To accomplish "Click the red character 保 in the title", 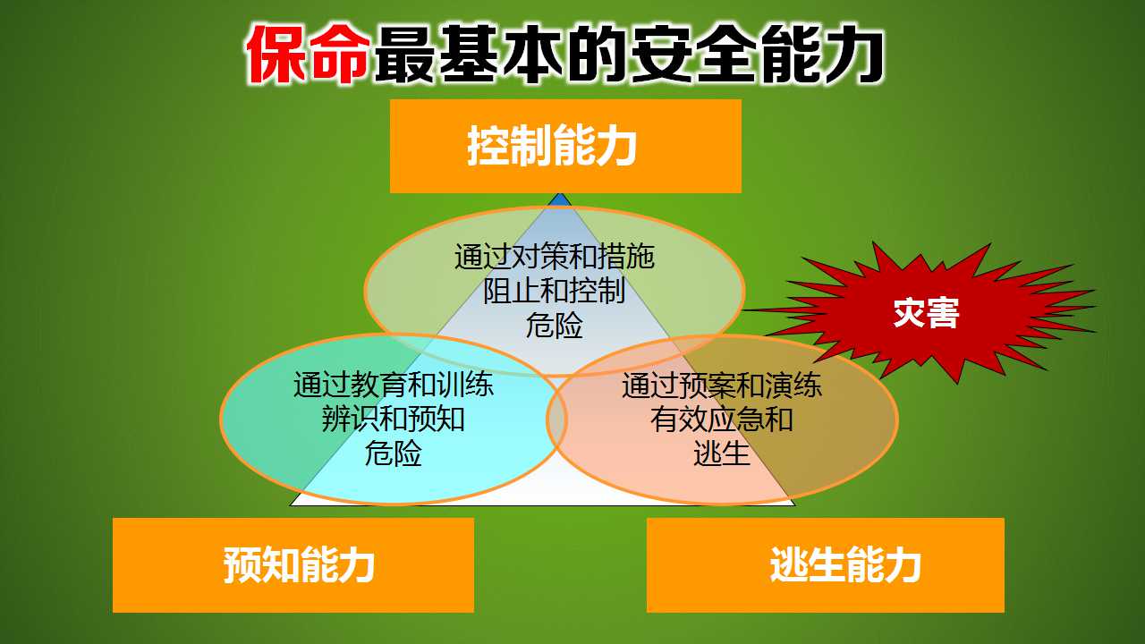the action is coord(277,54).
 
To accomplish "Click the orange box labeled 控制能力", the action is coord(565,146).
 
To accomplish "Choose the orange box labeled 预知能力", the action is coord(293,564).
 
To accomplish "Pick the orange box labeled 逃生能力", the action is coord(826,564).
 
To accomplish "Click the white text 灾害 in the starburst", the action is coord(926,313).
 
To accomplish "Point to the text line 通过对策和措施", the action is coord(555,257).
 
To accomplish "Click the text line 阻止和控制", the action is coord(555,292).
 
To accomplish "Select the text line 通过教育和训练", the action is coord(393,385).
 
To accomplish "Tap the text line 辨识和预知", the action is coord(393,419).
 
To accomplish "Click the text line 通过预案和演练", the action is coord(722,386).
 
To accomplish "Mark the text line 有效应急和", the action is coord(722,419).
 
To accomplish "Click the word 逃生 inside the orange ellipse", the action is coord(722,453).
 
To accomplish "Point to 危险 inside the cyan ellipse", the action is coord(393,453).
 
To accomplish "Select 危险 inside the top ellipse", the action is coord(555,326).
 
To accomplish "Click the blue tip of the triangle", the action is coord(560,199).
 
